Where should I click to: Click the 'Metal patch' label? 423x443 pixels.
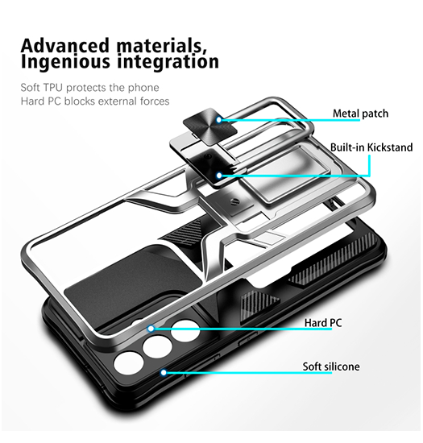point(360,114)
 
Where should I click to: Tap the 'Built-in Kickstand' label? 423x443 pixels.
point(371,147)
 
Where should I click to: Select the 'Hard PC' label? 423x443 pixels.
point(323,323)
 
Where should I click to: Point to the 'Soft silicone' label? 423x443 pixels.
point(331,366)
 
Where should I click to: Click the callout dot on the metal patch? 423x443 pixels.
point(218,120)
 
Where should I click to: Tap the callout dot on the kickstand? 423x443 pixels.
point(219,176)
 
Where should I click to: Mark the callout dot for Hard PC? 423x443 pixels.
point(151,329)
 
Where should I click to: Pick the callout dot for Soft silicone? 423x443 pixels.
point(164,373)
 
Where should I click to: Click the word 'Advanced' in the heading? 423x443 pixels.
point(65,45)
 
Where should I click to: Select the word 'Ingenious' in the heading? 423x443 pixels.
point(65,62)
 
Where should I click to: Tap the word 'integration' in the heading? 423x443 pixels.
point(168,61)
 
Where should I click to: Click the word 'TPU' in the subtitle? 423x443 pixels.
point(53,88)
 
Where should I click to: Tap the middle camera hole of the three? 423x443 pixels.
point(157,346)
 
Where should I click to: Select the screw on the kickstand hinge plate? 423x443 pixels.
point(234,201)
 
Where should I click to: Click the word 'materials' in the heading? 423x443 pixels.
point(162,45)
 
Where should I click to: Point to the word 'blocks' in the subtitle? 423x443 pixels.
point(79,101)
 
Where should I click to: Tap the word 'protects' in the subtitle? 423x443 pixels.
point(86,88)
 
